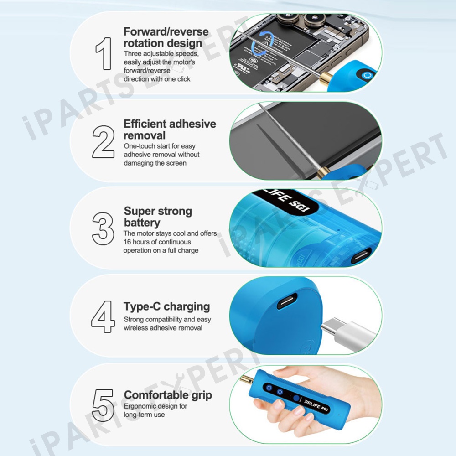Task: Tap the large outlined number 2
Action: (x=103, y=142)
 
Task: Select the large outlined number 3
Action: (x=103, y=228)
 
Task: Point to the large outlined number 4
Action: (x=103, y=317)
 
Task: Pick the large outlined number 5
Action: (x=103, y=405)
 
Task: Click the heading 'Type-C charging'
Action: (x=166, y=307)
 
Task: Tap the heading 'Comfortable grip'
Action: (x=168, y=395)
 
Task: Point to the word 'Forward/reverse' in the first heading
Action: (x=166, y=31)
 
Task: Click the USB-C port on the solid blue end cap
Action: (x=287, y=301)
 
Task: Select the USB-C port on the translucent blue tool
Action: (x=361, y=256)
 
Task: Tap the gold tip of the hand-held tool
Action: (x=248, y=380)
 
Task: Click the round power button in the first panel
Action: (x=368, y=76)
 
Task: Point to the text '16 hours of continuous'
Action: (x=157, y=242)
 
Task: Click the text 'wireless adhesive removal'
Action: (x=163, y=328)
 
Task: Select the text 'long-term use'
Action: (x=144, y=415)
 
